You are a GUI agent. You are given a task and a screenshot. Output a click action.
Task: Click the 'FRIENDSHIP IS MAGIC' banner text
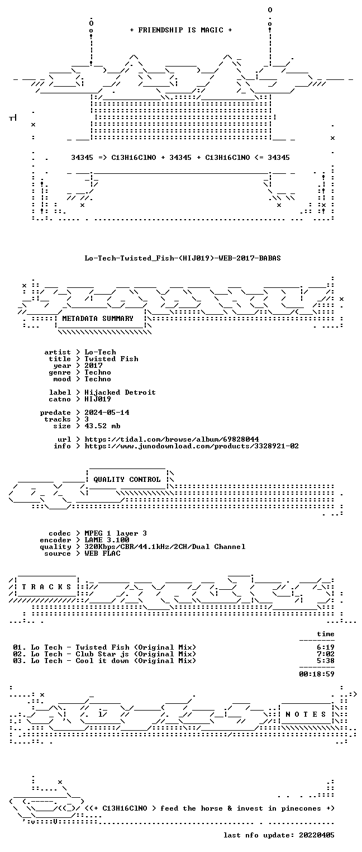pyautogui.click(x=180, y=30)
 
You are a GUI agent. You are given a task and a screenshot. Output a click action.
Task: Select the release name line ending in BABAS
pyautogui.click(x=183, y=258)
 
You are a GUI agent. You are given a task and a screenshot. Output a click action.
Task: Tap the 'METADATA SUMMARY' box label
pyautogui.click(x=98, y=318)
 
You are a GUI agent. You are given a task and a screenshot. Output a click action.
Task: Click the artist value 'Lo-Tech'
pyautogui.click(x=100, y=352)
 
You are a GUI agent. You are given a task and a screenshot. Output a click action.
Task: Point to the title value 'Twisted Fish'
pyautogui.click(x=111, y=359)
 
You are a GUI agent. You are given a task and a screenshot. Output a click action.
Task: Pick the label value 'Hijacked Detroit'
pyautogui.click(x=120, y=392)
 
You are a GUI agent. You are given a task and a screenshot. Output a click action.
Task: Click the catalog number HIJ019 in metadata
pyautogui.click(x=98, y=399)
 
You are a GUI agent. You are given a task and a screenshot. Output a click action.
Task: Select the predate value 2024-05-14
pyautogui.click(x=107, y=413)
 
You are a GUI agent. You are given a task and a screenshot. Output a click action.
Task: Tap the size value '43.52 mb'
pyautogui.click(x=102, y=426)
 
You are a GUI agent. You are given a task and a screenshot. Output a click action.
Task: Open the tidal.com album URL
pyautogui.click(x=172, y=439)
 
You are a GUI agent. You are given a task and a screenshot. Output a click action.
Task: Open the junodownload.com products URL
pyautogui.click(x=192, y=446)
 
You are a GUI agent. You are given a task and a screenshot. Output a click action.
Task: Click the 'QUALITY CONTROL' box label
pyautogui.click(x=127, y=480)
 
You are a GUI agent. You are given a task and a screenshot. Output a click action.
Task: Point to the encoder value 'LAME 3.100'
pyautogui.click(x=107, y=540)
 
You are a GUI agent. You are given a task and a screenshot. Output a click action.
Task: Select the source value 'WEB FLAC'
pyautogui.click(x=102, y=553)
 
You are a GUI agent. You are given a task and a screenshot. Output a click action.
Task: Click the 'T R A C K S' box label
pyautogui.click(x=46, y=587)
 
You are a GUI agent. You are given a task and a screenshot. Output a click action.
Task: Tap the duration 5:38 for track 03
pyautogui.click(x=326, y=661)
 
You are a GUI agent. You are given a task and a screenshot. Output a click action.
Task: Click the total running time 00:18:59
pyautogui.click(x=317, y=674)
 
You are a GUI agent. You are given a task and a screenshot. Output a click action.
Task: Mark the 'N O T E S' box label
pyautogui.click(x=306, y=714)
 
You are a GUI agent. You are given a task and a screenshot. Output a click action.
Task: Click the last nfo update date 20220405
pyautogui.click(x=317, y=835)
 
